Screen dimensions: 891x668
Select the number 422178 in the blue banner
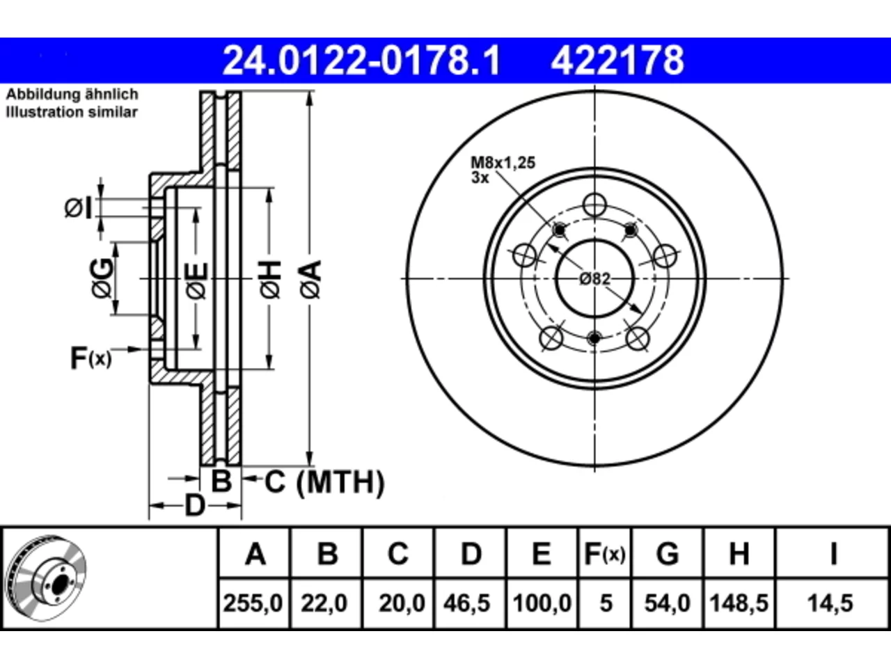tap(617, 61)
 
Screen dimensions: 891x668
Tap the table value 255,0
tap(253, 603)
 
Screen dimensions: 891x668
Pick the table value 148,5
tap(739, 603)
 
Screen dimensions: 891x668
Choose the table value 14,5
tap(830, 603)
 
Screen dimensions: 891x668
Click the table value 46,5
tap(466, 603)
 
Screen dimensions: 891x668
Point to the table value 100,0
tap(542, 603)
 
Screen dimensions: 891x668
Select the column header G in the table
tap(668, 554)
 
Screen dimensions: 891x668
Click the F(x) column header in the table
tap(604, 554)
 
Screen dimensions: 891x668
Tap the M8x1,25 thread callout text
tap(503, 163)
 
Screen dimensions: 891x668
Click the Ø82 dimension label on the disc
tap(594, 279)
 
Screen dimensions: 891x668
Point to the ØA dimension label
tap(311, 279)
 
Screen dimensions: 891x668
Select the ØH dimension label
tap(270, 279)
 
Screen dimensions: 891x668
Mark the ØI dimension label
tap(79, 208)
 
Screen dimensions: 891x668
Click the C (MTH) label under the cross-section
tap(324, 482)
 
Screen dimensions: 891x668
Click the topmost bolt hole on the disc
tap(594, 205)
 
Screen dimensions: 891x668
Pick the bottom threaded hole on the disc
tap(594, 338)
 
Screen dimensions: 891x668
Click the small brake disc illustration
tap(46, 579)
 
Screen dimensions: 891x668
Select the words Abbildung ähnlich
tap(72, 95)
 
